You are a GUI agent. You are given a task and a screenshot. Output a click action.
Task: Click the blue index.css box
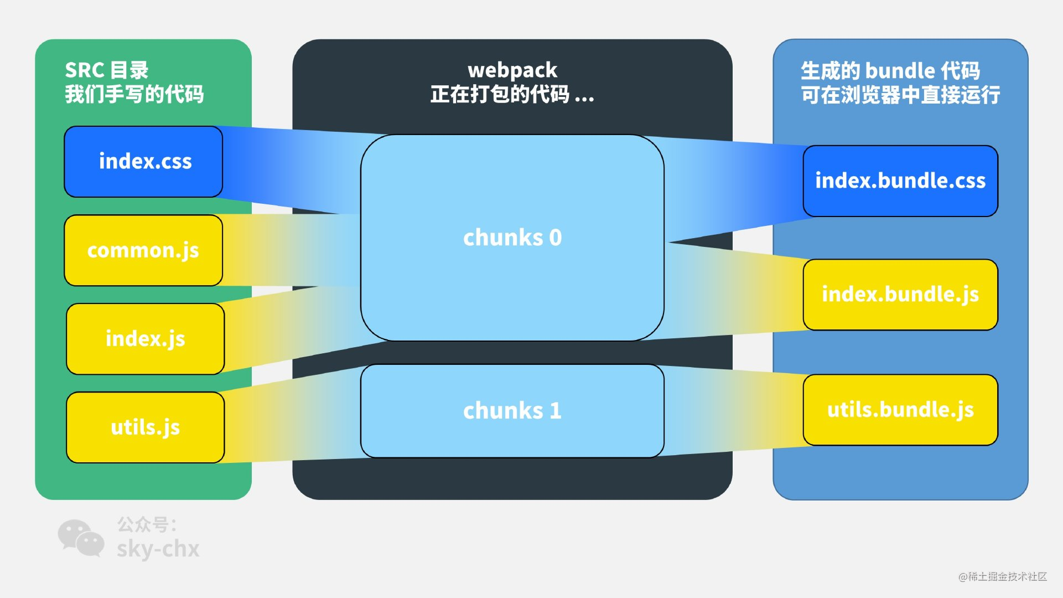(x=143, y=162)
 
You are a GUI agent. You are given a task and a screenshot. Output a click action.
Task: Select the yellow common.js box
(x=143, y=250)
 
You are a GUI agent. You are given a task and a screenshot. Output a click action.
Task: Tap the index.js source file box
(x=145, y=339)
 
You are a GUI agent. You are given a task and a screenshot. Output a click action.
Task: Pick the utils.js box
(x=145, y=427)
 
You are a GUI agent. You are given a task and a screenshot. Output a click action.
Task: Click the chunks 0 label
(x=512, y=238)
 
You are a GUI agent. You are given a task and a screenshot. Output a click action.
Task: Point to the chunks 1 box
(x=512, y=411)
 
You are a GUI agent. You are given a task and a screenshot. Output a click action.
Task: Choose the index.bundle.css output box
(x=900, y=181)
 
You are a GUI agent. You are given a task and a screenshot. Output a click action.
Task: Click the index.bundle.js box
(x=900, y=295)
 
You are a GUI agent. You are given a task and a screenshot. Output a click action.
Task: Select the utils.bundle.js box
(x=900, y=410)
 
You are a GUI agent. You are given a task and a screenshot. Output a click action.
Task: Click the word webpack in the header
(x=512, y=70)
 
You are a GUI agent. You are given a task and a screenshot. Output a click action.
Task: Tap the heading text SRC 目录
(x=107, y=70)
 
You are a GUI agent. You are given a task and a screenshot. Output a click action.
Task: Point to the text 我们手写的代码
(x=134, y=94)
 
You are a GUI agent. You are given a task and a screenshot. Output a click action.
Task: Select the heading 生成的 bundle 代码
(x=890, y=71)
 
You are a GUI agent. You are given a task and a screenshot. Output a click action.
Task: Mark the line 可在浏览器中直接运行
(x=900, y=95)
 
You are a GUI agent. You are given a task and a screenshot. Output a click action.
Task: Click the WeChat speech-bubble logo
(x=81, y=538)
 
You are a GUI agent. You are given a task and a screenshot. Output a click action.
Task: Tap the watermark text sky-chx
(x=158, y=549)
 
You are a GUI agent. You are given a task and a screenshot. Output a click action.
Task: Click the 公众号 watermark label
(x=145, y=524)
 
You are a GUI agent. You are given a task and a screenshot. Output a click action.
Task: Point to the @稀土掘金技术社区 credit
(x=1002, y=576)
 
